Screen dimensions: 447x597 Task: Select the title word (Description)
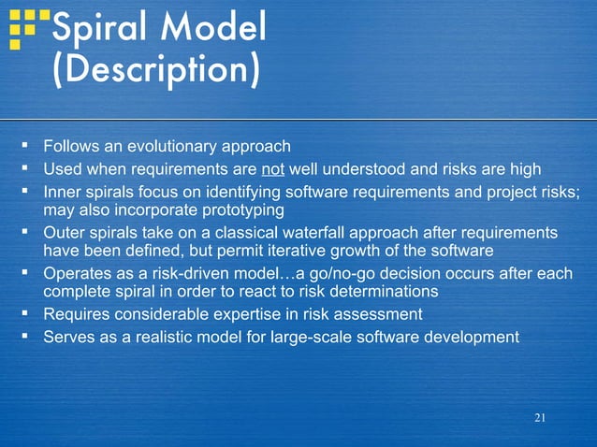[155, 72]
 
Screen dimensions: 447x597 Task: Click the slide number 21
[539, 418]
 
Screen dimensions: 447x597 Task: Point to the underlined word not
[272, 168]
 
